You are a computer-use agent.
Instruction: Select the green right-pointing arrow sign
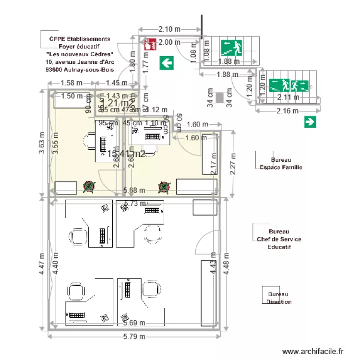click(x=310, y=122)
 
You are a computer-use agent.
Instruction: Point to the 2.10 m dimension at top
click(x=169, y=29)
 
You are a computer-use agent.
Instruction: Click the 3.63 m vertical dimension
click(x=42, y=143)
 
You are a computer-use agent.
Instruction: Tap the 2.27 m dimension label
click(x=234, y=164)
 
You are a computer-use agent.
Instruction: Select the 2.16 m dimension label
click(x=288, y=111)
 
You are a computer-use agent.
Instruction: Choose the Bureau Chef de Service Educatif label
click(x=279, y=239)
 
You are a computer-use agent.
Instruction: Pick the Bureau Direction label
click(x=279, y=298)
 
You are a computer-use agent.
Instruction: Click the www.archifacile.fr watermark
click(x=313, y=352)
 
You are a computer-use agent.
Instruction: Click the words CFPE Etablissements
click(x=80, y=39)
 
